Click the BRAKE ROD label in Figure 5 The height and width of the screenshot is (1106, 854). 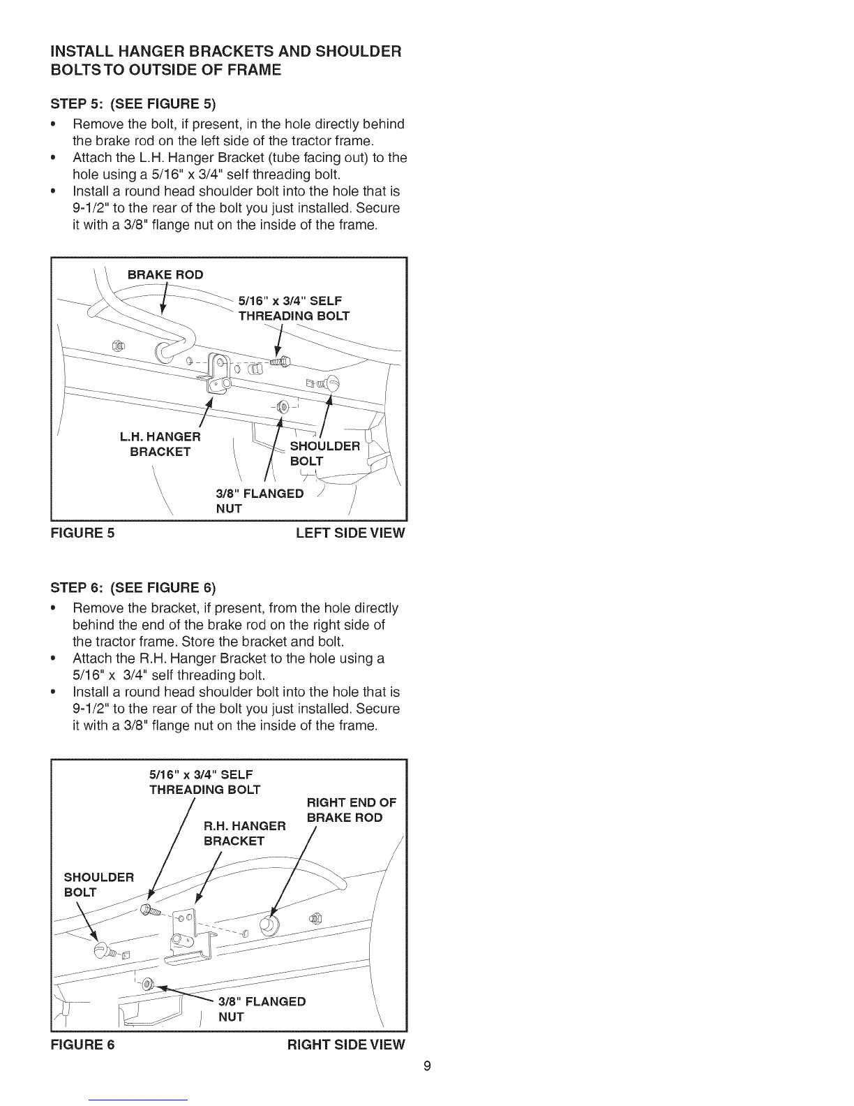point(165,274)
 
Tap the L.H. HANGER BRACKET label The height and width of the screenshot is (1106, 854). point(160,444)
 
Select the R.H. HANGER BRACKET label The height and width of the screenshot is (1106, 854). point(244,834)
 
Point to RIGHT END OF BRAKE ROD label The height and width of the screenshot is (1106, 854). point(351,810)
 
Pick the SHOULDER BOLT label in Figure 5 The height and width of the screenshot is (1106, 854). point(324,454)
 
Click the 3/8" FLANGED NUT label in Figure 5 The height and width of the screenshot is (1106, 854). point(260,501)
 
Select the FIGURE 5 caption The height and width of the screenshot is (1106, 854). point(82,533)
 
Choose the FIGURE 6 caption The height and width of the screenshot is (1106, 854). point(82,1045)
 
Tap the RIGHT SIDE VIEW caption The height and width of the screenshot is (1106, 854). point(346,1045)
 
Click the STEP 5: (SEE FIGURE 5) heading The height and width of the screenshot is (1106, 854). point(133,105)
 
